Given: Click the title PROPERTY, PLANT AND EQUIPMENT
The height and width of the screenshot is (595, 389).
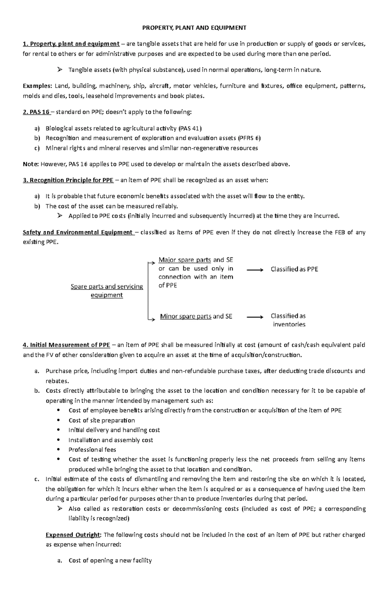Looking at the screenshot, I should (194, 28).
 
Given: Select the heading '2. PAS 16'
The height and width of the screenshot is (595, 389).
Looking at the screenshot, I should (36, 112).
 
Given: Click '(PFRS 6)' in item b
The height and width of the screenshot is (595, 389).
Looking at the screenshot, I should (249, 138).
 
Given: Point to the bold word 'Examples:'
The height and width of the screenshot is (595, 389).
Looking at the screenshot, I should (37, 86).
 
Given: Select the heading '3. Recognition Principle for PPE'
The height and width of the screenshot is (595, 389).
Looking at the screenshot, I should (68, 180).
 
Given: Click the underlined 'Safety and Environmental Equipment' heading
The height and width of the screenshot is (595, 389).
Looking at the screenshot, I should (78, 232).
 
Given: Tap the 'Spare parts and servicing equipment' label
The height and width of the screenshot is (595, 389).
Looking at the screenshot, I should (107, 291).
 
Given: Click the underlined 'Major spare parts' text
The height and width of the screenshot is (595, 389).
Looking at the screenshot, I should (184, 260).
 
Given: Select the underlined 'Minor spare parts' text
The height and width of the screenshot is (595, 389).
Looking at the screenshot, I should (185, 316).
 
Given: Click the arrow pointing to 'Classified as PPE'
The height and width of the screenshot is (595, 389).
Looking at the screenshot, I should (255, 269).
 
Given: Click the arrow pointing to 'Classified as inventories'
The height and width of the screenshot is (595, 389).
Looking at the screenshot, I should (255, 317).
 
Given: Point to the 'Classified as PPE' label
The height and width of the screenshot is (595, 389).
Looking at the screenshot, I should (294, 269).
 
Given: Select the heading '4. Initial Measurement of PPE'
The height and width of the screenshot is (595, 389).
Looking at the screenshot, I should (66, 345).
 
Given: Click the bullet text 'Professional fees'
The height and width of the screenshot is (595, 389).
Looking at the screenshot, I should (92, 450).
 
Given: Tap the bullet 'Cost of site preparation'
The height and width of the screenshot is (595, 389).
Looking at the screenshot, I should (101, 421).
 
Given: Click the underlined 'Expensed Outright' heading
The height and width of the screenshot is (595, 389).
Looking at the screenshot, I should (74, 535).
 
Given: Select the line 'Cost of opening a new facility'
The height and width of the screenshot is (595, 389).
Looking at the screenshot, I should (110, 561).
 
